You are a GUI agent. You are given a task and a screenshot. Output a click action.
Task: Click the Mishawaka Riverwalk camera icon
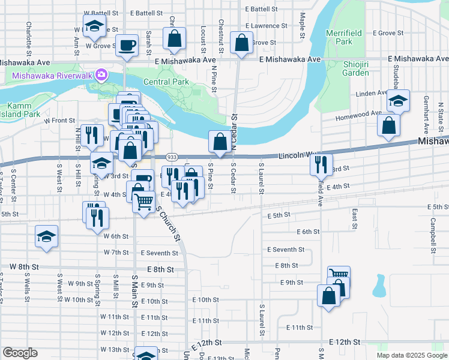tap(101, 76)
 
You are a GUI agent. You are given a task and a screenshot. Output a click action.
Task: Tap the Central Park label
tap(166, 82)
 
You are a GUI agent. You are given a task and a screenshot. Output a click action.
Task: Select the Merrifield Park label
tap(339, 37)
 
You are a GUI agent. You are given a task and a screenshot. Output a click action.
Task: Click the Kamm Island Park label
tap(20, 110)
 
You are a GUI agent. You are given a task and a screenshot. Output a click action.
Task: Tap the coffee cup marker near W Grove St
tap(126, 45)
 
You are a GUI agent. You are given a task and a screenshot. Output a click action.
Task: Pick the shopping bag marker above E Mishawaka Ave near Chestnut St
tap(241, 43)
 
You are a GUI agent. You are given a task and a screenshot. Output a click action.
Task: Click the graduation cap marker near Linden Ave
tap(397, 100)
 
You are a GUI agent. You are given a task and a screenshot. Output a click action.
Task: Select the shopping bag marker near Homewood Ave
tap(389, 125)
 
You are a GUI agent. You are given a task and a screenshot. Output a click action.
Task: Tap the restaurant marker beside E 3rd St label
tap(321, 164)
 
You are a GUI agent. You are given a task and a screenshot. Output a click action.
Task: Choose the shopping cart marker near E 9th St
tap(339, 277)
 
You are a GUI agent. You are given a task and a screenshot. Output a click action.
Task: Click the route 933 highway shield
tap(171, 156)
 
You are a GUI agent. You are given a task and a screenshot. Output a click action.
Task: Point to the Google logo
tap(20, 353)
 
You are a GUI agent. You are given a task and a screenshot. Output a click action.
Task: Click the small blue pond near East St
tap(379, 286)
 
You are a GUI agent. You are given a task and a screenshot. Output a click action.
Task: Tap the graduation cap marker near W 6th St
tap(46, 236)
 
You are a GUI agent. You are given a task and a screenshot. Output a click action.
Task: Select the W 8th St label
tap(24, 266)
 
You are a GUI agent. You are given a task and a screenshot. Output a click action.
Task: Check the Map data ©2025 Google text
tap(411, 355)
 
